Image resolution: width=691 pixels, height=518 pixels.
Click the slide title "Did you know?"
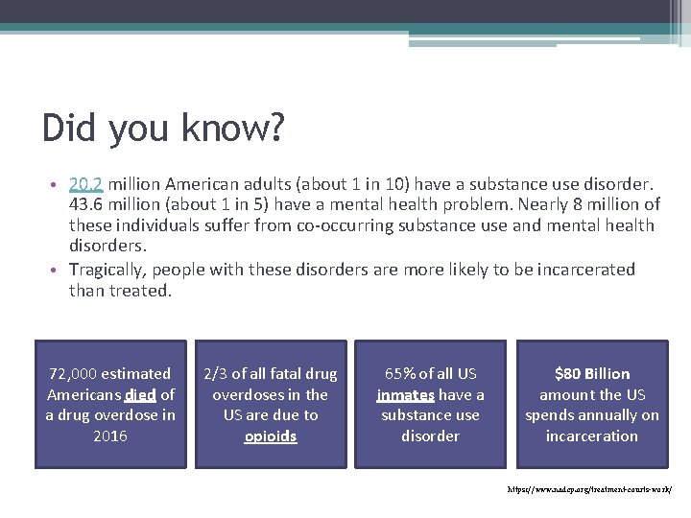pos(162,128)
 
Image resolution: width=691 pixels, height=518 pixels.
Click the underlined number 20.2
pos(85,183)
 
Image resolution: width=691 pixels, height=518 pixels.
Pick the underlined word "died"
pos(140,394)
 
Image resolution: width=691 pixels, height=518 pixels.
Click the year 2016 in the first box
pos(110,436)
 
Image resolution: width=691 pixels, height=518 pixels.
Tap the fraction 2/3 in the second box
pos(216,374)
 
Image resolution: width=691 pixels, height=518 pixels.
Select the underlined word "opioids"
pos(271,436)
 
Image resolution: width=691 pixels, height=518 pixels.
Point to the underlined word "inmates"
pos(406,394)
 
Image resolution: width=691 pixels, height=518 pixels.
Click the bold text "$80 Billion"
pos(592,374)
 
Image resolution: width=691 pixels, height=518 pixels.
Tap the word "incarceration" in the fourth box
pos(592,436)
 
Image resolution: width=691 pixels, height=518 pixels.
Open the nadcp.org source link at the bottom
pos(589,489)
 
